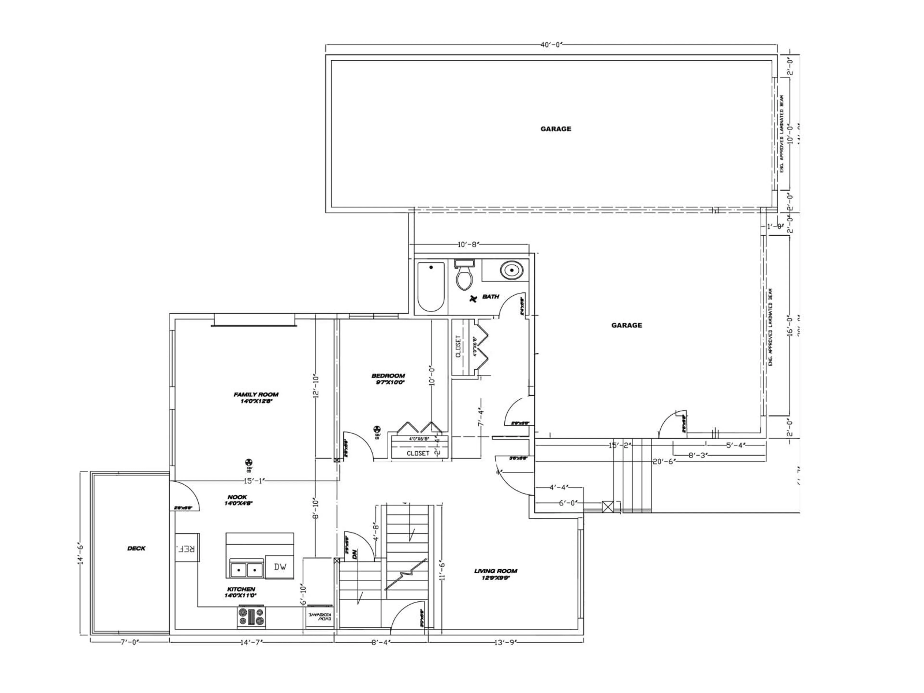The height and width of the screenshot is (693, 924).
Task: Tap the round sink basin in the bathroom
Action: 511,271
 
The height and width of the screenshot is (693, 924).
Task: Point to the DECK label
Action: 136,548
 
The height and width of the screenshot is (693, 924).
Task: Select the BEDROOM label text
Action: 388,376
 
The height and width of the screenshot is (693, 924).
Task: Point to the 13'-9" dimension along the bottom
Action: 506,643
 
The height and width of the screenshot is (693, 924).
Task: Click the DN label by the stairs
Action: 355,555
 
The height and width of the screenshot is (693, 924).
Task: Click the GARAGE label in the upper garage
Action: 556,129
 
